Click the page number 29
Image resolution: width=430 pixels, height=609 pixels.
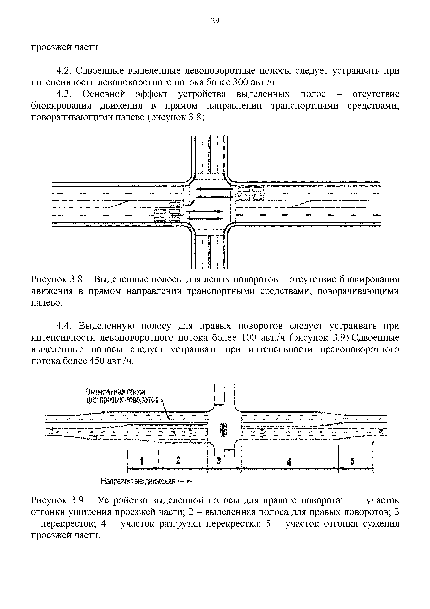click(x=215, y=21)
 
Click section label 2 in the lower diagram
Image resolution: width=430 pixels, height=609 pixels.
click(x=178, y=460)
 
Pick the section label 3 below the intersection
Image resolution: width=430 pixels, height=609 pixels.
click(x=219, y=461)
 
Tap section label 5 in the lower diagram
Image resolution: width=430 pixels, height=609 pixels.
click(x=352, y=462)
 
